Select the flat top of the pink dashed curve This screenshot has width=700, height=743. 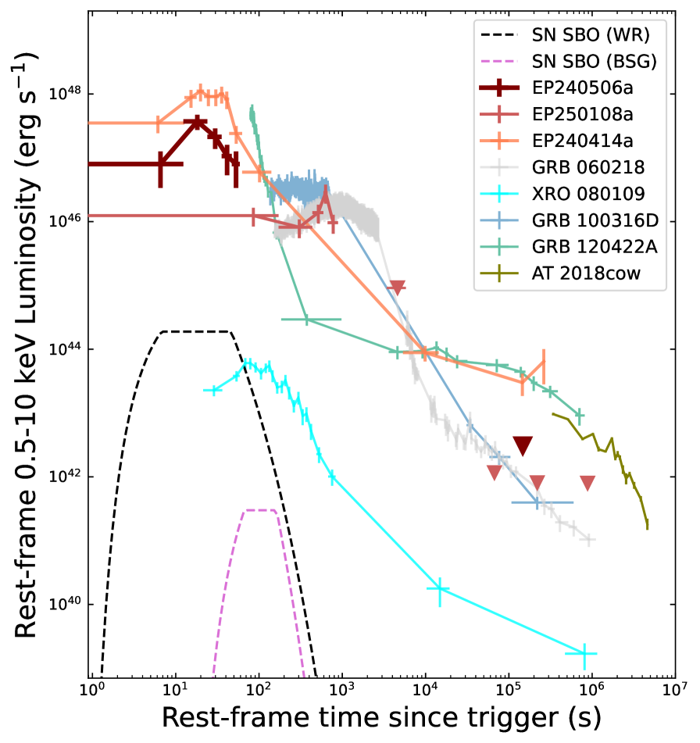click(260, 510)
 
